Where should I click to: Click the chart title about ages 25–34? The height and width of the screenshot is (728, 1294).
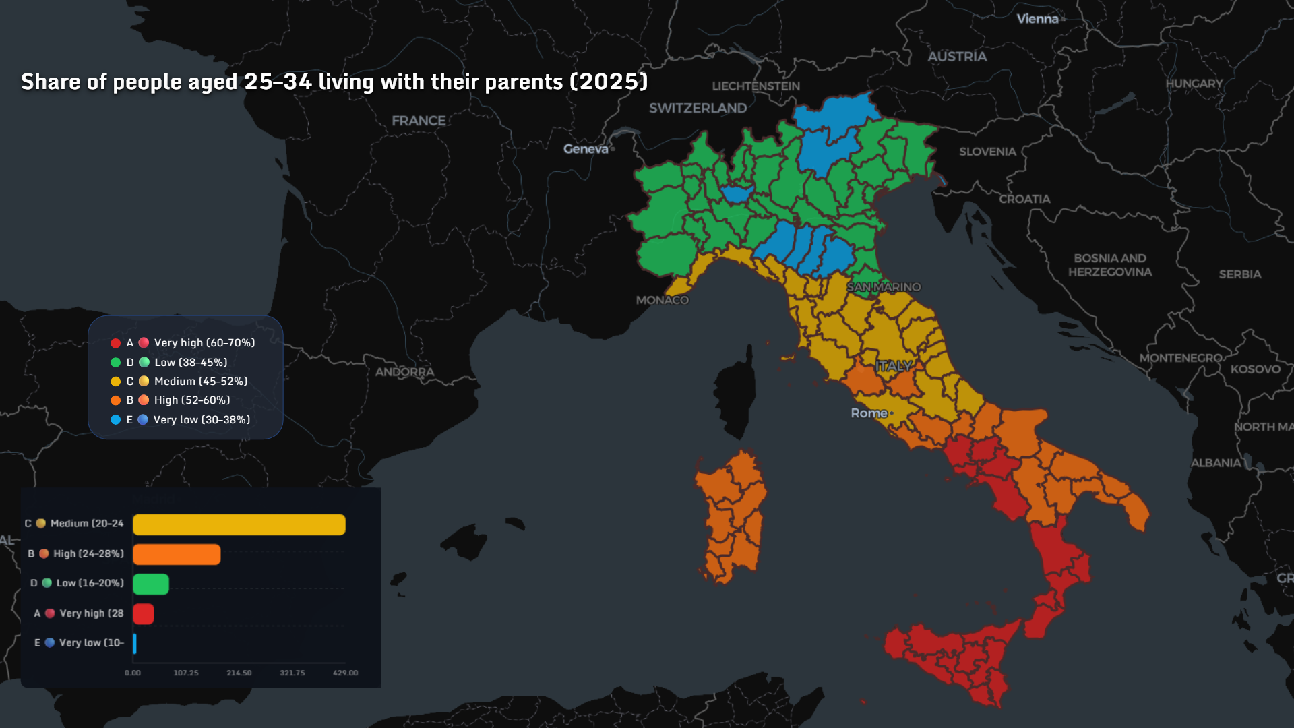[334, 82]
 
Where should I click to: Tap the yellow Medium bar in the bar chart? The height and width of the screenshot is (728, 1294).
[239, 524]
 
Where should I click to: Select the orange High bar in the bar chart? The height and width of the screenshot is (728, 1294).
[177, 554]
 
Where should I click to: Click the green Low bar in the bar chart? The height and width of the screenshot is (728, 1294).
[150, 584]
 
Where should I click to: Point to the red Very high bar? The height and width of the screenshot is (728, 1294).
[143, 614]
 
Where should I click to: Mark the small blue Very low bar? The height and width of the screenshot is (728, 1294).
[135, 644]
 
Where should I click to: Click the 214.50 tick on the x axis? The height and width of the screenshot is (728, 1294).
[239, 673]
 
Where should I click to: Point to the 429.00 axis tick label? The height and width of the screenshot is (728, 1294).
[345, 673]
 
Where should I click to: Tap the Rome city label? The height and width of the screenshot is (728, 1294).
[869, 413]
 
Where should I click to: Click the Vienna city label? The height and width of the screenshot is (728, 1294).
[1037, 19]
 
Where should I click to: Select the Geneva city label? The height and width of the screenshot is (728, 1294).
[585, 149]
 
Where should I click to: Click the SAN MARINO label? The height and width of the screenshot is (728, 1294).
[883, 287]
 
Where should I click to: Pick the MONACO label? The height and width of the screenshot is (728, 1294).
[662, 300]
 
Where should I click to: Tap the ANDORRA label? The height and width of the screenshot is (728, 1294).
[404, 372]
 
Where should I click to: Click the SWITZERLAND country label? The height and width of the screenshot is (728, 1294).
[698, 108]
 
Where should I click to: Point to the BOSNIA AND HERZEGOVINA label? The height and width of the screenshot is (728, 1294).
[1109, 265]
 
